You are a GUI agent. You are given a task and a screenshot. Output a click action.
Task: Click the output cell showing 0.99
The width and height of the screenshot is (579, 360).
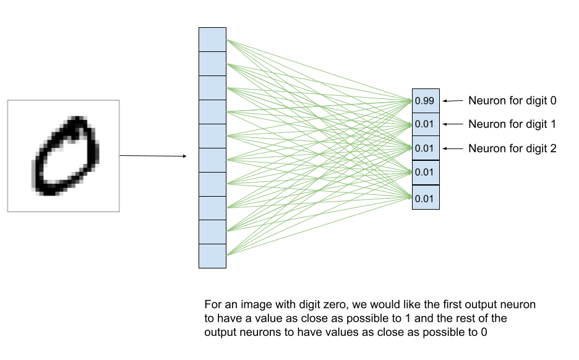tap(426, 101)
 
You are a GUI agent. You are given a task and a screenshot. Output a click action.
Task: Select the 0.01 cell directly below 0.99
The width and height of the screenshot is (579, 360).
tap(426, 124)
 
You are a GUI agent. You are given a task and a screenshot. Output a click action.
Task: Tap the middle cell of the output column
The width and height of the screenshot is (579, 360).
tap(426, 148)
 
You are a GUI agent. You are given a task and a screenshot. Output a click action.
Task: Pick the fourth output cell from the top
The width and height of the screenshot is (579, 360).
tap(426, 173)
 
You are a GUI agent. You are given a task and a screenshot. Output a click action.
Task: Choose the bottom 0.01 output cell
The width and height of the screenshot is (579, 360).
tap(426, 197)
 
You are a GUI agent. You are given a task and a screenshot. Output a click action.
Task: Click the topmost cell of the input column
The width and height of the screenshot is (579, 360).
tap(212, 40)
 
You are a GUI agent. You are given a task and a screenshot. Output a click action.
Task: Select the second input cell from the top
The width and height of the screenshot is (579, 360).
tap(212, 64)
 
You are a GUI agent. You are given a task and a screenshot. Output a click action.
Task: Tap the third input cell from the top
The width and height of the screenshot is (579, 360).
tap(212, 88)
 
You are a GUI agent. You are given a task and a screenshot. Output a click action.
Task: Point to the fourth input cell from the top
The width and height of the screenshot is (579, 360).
tap(212, 112)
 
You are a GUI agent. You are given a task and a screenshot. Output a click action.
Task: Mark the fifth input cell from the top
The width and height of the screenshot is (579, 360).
tap(212, 136)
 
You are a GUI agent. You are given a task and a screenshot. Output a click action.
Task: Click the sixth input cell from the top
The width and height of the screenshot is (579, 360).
tap(212, 160)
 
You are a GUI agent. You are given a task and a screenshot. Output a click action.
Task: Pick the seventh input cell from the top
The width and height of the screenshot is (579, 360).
tap(212, 184)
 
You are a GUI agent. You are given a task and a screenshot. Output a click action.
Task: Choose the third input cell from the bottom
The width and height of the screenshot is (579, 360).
tap(212, 208)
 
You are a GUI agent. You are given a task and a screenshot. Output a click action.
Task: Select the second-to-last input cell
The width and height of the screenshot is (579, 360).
tap(212, 232)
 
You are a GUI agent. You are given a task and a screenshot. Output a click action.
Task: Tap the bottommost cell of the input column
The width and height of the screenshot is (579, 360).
tap(212, 256)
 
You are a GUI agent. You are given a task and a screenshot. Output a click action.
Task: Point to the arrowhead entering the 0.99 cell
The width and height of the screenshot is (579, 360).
tap(410, 100)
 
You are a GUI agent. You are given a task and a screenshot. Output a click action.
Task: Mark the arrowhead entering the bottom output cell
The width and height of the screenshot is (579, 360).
tap(410, 197)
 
